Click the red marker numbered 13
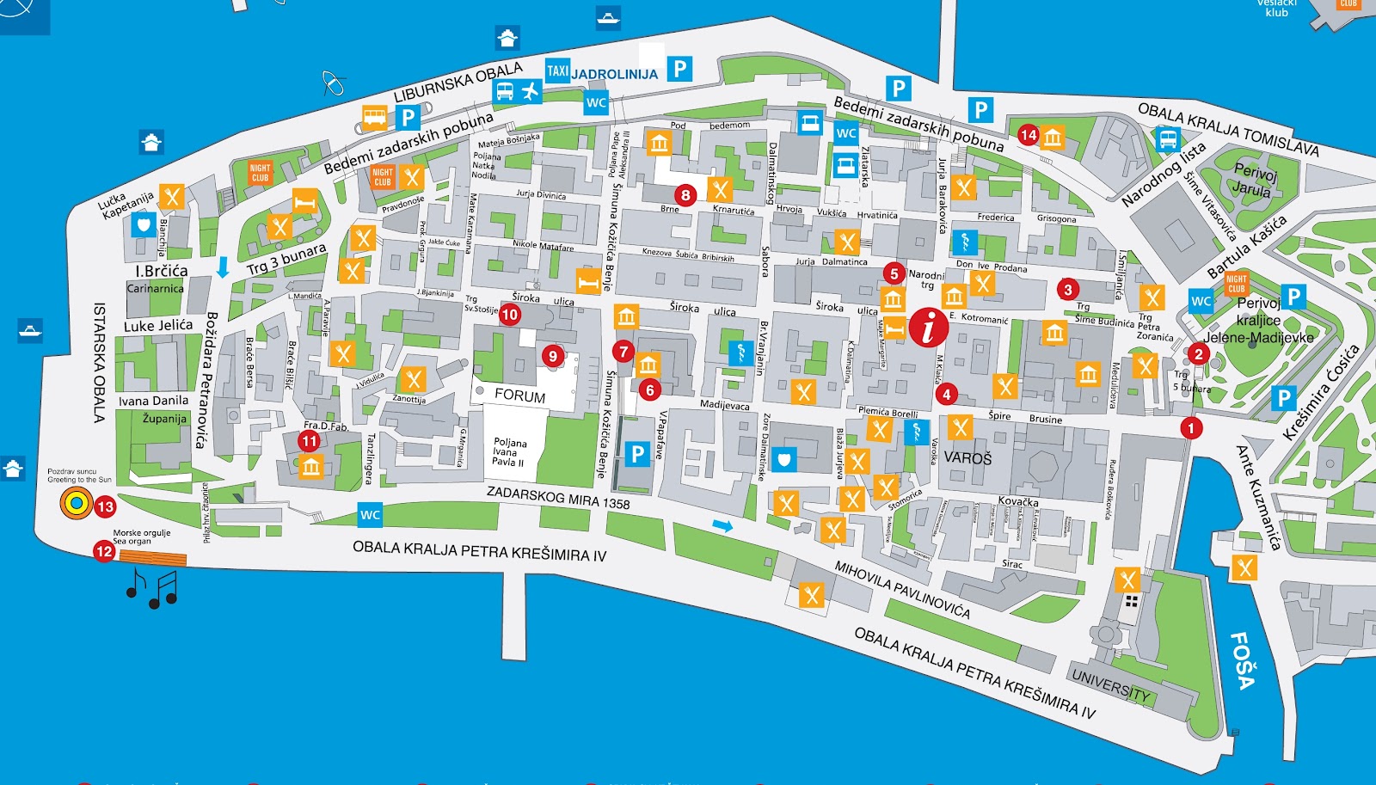click(x=105, y=506)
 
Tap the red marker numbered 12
click(x=104, y=551)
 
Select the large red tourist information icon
click(x=929, y=327)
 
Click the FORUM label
click(x=519, y=396)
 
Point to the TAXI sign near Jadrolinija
click(x=557, y=71)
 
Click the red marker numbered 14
click(x=1029, y=135)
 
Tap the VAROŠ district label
click(x=967, y=458)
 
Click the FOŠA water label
click(x=1243, y=660)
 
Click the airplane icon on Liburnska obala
click(x=530, y=90)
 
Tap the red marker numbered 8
click(x=685, y=195)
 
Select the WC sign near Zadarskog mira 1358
click(x=370, y=515)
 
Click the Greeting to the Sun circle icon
click(x=76, y=504)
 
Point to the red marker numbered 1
click(x=1191, y=427)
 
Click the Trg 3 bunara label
click(x=286, y=259)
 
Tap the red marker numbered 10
click(x=509, y=315)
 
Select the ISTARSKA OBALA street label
click(x=99, y=362)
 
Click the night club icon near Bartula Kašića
click(x=1236, y=283)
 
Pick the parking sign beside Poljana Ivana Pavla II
click(x=637, y=454)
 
